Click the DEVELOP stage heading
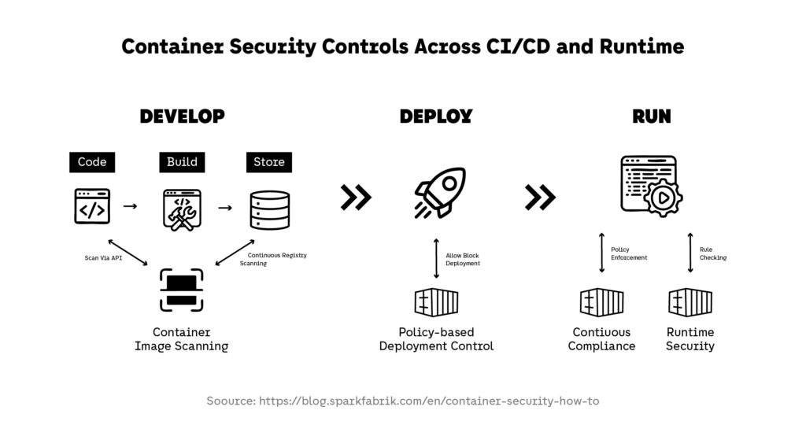[x=182, y=116]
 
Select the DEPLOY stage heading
[x=435, y=116]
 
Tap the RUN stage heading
[x=652, y=116]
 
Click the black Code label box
[x=92, y=162]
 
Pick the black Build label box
[x=182, y=162]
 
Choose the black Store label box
[x=268, y=162]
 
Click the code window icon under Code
[x=92, y=207]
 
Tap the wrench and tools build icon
[x=182, y=209]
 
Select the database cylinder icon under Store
[x=269, y=209]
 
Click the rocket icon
[x=439, y=194]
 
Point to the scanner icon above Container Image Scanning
[x=181, y=290]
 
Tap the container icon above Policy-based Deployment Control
[x=436, y=302]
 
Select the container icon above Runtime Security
[x=690, y=302]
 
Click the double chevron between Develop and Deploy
[x=356, y=198]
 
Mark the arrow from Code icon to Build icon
[x=131, y=206]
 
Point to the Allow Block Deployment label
[x=463, y=259]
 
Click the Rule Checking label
[x=712, y=253]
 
